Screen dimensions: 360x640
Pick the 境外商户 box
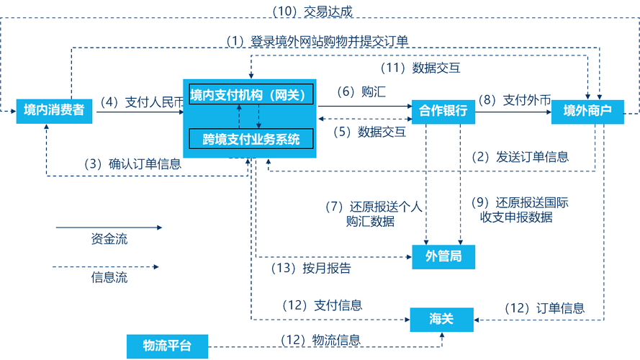point(586,111)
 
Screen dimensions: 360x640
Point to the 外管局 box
point(443,256)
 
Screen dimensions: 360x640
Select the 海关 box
point(442,319)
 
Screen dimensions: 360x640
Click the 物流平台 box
point(167,346)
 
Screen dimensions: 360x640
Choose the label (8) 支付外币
point(514,100)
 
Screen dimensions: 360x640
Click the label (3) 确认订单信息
point(133,163)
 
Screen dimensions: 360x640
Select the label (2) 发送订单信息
point(520,156)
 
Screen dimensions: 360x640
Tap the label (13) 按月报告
point(312,269)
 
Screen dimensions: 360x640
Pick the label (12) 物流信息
point(320,339)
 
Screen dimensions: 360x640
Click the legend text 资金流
point(109,239)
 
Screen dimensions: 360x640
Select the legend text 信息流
point(109,277)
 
